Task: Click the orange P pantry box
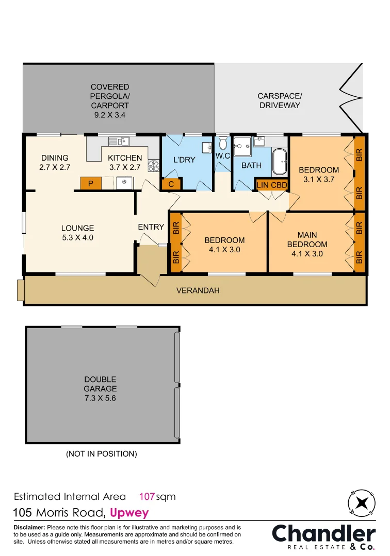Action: click(x=90, y=183)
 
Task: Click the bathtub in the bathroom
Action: click(x=280, y=162)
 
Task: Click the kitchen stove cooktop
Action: click(x=153, y=166)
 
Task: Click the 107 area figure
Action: click(x=148, y=497)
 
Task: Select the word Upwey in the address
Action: click(x=129, y=513)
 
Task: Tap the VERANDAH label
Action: click(x=198, y=290)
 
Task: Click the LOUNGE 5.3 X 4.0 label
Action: click(x=77, y=233)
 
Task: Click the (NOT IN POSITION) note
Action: click(x=101, y=454)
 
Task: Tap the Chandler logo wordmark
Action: click(x=323, y=533)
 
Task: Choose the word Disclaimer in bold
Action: click(x=29, y=528)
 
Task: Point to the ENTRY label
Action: click(x=151, y=227)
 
